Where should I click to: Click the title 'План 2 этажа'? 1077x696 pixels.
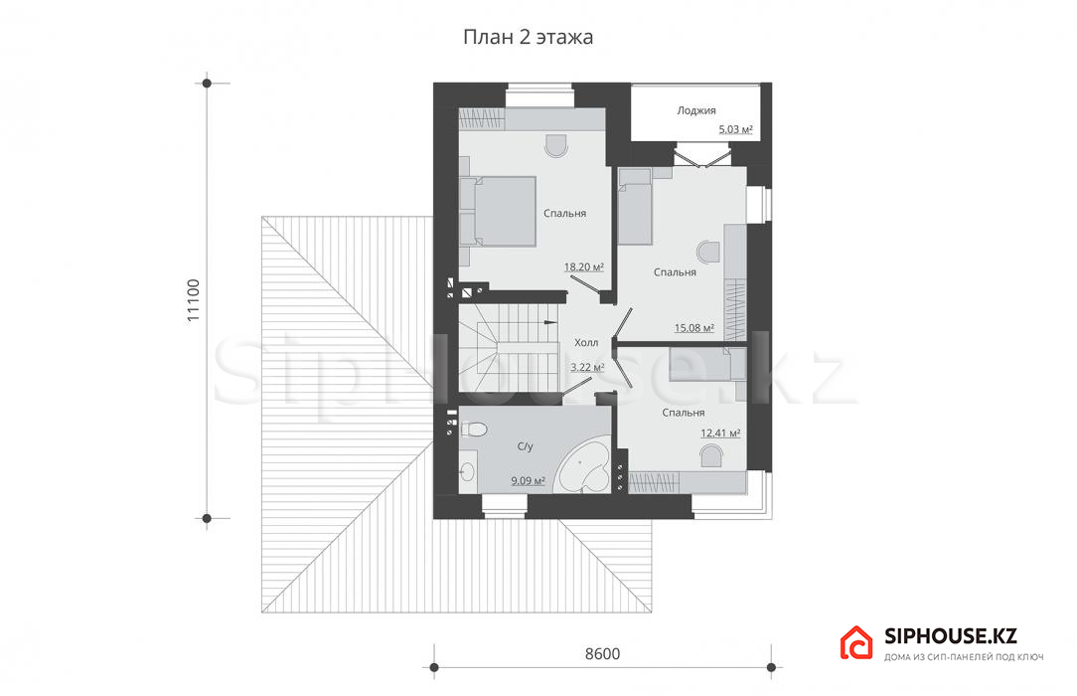528,37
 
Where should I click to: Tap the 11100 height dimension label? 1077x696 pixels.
193,300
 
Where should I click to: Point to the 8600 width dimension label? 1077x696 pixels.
602,654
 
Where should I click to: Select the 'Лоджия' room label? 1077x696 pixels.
695,110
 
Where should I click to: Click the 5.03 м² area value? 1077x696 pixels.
735,129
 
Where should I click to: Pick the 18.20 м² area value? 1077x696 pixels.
584,266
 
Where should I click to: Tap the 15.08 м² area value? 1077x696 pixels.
693,328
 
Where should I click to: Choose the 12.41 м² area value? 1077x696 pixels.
720,433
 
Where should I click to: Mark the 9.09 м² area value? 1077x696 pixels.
529,481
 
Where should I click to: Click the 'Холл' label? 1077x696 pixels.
586,342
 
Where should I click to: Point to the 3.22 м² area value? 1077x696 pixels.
587,368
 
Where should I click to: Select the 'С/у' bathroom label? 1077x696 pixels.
525,446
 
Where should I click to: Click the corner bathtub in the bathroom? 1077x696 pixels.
582,466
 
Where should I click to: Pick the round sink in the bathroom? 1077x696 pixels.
468,471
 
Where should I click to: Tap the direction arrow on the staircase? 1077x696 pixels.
550,321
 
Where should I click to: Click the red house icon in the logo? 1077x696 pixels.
856,643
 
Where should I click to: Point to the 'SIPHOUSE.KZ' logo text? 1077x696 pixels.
951,636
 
